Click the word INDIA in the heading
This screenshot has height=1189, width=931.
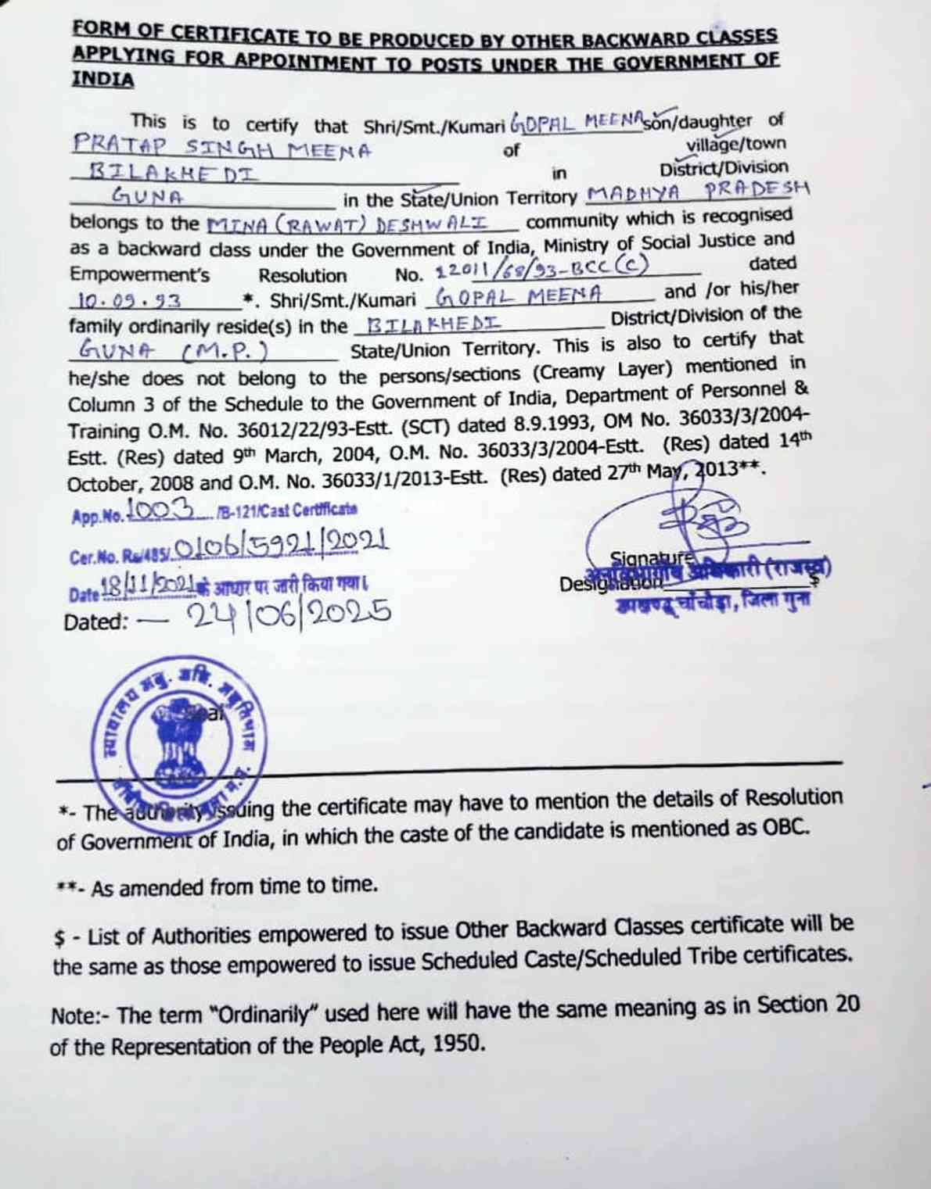tap(103, 79)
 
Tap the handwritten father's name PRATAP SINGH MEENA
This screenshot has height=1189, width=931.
tap(222, 147)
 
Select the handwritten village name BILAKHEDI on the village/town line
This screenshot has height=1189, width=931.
tap(174, 171)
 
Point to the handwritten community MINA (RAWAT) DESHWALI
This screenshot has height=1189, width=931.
tap(347, 224)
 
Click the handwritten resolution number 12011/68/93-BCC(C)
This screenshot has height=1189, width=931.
tap(542, 268)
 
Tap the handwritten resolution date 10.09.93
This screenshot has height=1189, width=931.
tap(131, 300)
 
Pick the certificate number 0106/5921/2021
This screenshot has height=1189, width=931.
tap(282, 544)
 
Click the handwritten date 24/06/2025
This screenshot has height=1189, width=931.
tap(289, 614)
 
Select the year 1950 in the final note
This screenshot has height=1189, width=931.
tap(455, 1043)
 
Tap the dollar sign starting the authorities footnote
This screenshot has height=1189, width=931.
tap(59, 938)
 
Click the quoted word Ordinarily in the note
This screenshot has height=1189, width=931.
tap(266, 1014)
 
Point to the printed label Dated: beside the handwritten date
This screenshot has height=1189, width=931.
tap(95, 622)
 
